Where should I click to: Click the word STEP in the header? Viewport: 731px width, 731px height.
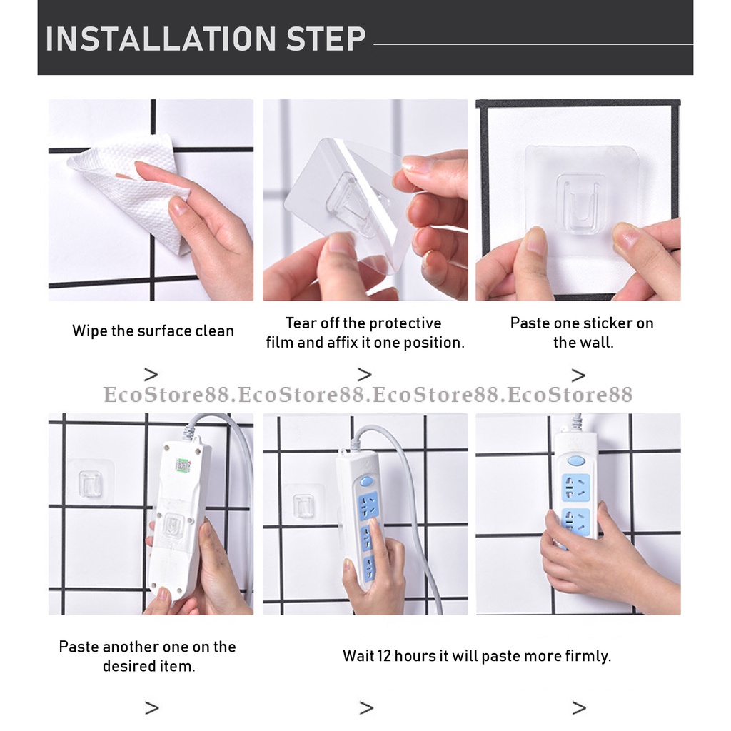(x=326, y=39)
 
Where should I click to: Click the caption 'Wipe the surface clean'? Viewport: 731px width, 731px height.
(x=153, y=331)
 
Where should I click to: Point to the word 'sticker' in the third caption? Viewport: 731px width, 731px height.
(x=580, y=323)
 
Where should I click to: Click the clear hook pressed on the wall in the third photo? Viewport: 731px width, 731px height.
(x=581, y=205)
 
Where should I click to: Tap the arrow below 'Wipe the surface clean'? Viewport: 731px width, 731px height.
(x=151, y=374)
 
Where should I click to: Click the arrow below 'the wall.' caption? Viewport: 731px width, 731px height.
(x=578, y=375)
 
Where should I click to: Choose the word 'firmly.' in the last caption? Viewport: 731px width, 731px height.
(x=588, y=656)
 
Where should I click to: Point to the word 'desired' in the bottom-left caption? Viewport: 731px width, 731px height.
(x=128, y=666)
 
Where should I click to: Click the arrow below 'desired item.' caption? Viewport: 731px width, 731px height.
(x=151, y=707)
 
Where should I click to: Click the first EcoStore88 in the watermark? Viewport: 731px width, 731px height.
(x=166, y=394)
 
